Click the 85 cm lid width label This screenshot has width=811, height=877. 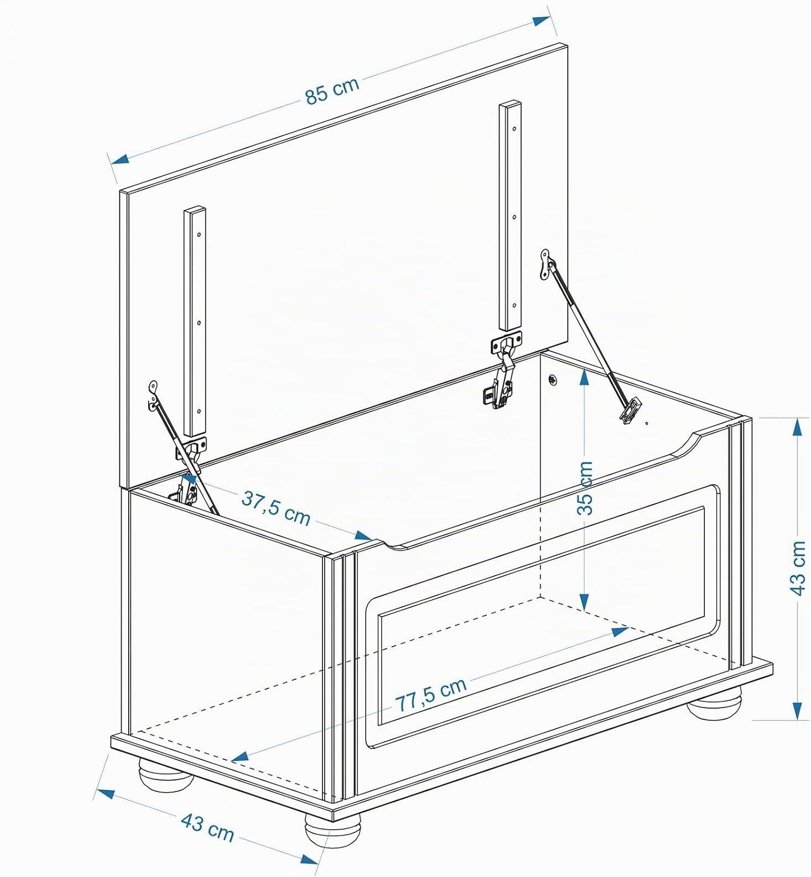coord(332,91)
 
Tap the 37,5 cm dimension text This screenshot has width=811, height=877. coord(276,509)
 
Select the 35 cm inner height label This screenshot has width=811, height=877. coord(585,488)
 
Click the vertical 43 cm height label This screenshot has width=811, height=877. coord(798,568)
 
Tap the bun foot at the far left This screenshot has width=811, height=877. coord(166,774)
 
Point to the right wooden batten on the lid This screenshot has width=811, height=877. coord(510,216)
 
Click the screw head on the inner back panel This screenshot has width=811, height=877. coord(552,378)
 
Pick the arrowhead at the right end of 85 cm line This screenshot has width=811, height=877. coord(541,21)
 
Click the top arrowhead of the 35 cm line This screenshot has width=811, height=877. coord(585,378)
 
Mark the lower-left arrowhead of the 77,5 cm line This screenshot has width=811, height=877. coord(241,757)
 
